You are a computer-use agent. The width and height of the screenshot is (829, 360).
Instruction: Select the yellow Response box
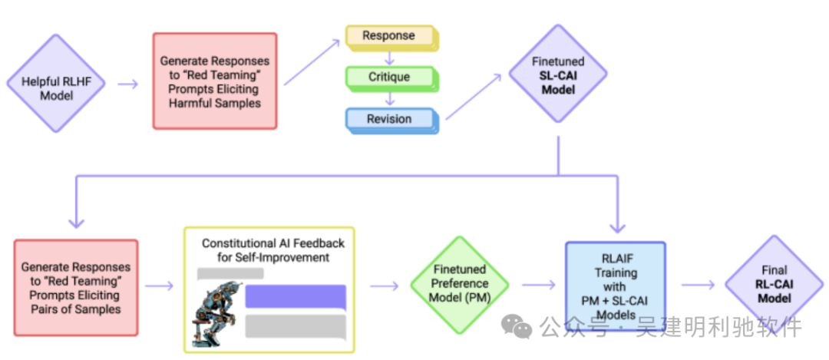389,36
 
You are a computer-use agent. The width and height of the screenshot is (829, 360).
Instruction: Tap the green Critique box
389,78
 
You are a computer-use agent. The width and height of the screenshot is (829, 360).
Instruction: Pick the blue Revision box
389,120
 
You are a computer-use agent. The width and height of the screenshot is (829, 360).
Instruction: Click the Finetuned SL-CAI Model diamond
558,75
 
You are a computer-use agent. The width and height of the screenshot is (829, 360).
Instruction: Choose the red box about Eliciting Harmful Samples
215,81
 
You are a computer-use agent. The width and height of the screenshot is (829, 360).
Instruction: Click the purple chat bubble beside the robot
296,297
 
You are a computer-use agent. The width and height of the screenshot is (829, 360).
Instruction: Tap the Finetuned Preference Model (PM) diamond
459,284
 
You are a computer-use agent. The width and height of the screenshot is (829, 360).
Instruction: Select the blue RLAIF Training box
615,286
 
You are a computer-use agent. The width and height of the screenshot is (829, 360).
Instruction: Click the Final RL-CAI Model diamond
775,284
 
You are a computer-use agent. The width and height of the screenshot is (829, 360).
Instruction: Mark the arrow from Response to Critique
390,57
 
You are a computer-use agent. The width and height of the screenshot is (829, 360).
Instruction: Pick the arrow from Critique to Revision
390,99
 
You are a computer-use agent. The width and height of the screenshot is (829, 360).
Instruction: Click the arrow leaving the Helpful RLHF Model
128,84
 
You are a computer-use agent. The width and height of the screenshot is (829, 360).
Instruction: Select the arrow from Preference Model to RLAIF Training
538,285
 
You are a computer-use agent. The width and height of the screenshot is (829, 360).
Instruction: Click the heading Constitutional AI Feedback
273,250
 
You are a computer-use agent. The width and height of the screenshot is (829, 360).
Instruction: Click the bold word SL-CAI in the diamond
558,75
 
